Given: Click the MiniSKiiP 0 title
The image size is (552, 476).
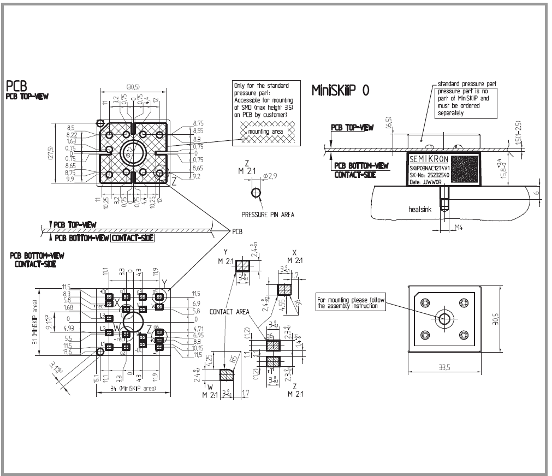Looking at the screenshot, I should (340, 90).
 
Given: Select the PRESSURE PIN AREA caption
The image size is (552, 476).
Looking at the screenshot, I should (268, 215).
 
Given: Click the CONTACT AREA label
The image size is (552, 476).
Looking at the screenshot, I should (230, 312).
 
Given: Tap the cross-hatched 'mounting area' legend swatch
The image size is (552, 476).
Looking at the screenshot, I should (265, 132).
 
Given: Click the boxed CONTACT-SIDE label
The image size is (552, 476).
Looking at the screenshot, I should (133, 237).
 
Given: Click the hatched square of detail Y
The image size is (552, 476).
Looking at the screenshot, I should (243, 266).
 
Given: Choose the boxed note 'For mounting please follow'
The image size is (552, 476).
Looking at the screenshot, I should (352, 303).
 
